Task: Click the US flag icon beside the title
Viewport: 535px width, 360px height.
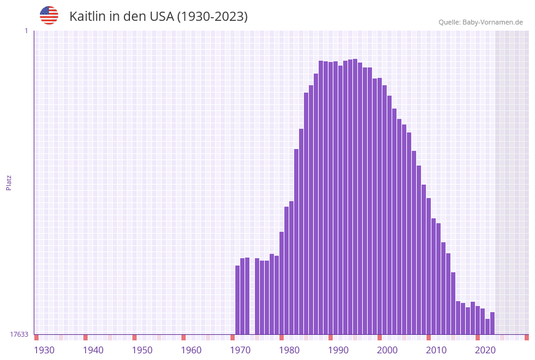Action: point(49,15)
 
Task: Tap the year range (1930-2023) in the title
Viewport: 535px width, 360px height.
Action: point(212,17)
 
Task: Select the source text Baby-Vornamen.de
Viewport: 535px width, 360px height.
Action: point(493,22)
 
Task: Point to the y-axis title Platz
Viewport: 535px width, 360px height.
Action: point(9,182)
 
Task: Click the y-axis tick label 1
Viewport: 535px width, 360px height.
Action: point(26,31)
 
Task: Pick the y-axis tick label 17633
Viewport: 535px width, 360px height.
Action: point(19,334)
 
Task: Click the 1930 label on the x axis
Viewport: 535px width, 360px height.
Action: point(44,350)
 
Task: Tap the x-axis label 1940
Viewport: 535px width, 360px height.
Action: point(93,350)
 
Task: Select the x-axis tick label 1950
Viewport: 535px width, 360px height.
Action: point(142,350)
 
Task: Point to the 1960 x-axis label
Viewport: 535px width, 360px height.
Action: point(191,350)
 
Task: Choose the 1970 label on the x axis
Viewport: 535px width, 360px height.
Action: point(240,350)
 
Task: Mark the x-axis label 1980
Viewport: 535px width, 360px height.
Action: point(289,350)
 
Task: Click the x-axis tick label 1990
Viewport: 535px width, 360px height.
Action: point(338,350)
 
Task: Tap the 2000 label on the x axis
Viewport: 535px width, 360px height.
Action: point(387,350)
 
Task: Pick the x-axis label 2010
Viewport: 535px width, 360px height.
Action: point(436,350)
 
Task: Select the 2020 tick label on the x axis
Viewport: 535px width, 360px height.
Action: point(485,350)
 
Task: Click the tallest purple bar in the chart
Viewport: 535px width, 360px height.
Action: point(355,196)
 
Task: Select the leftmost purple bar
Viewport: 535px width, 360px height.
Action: point(237,300)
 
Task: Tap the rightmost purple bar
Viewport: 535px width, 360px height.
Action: point(492,323)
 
